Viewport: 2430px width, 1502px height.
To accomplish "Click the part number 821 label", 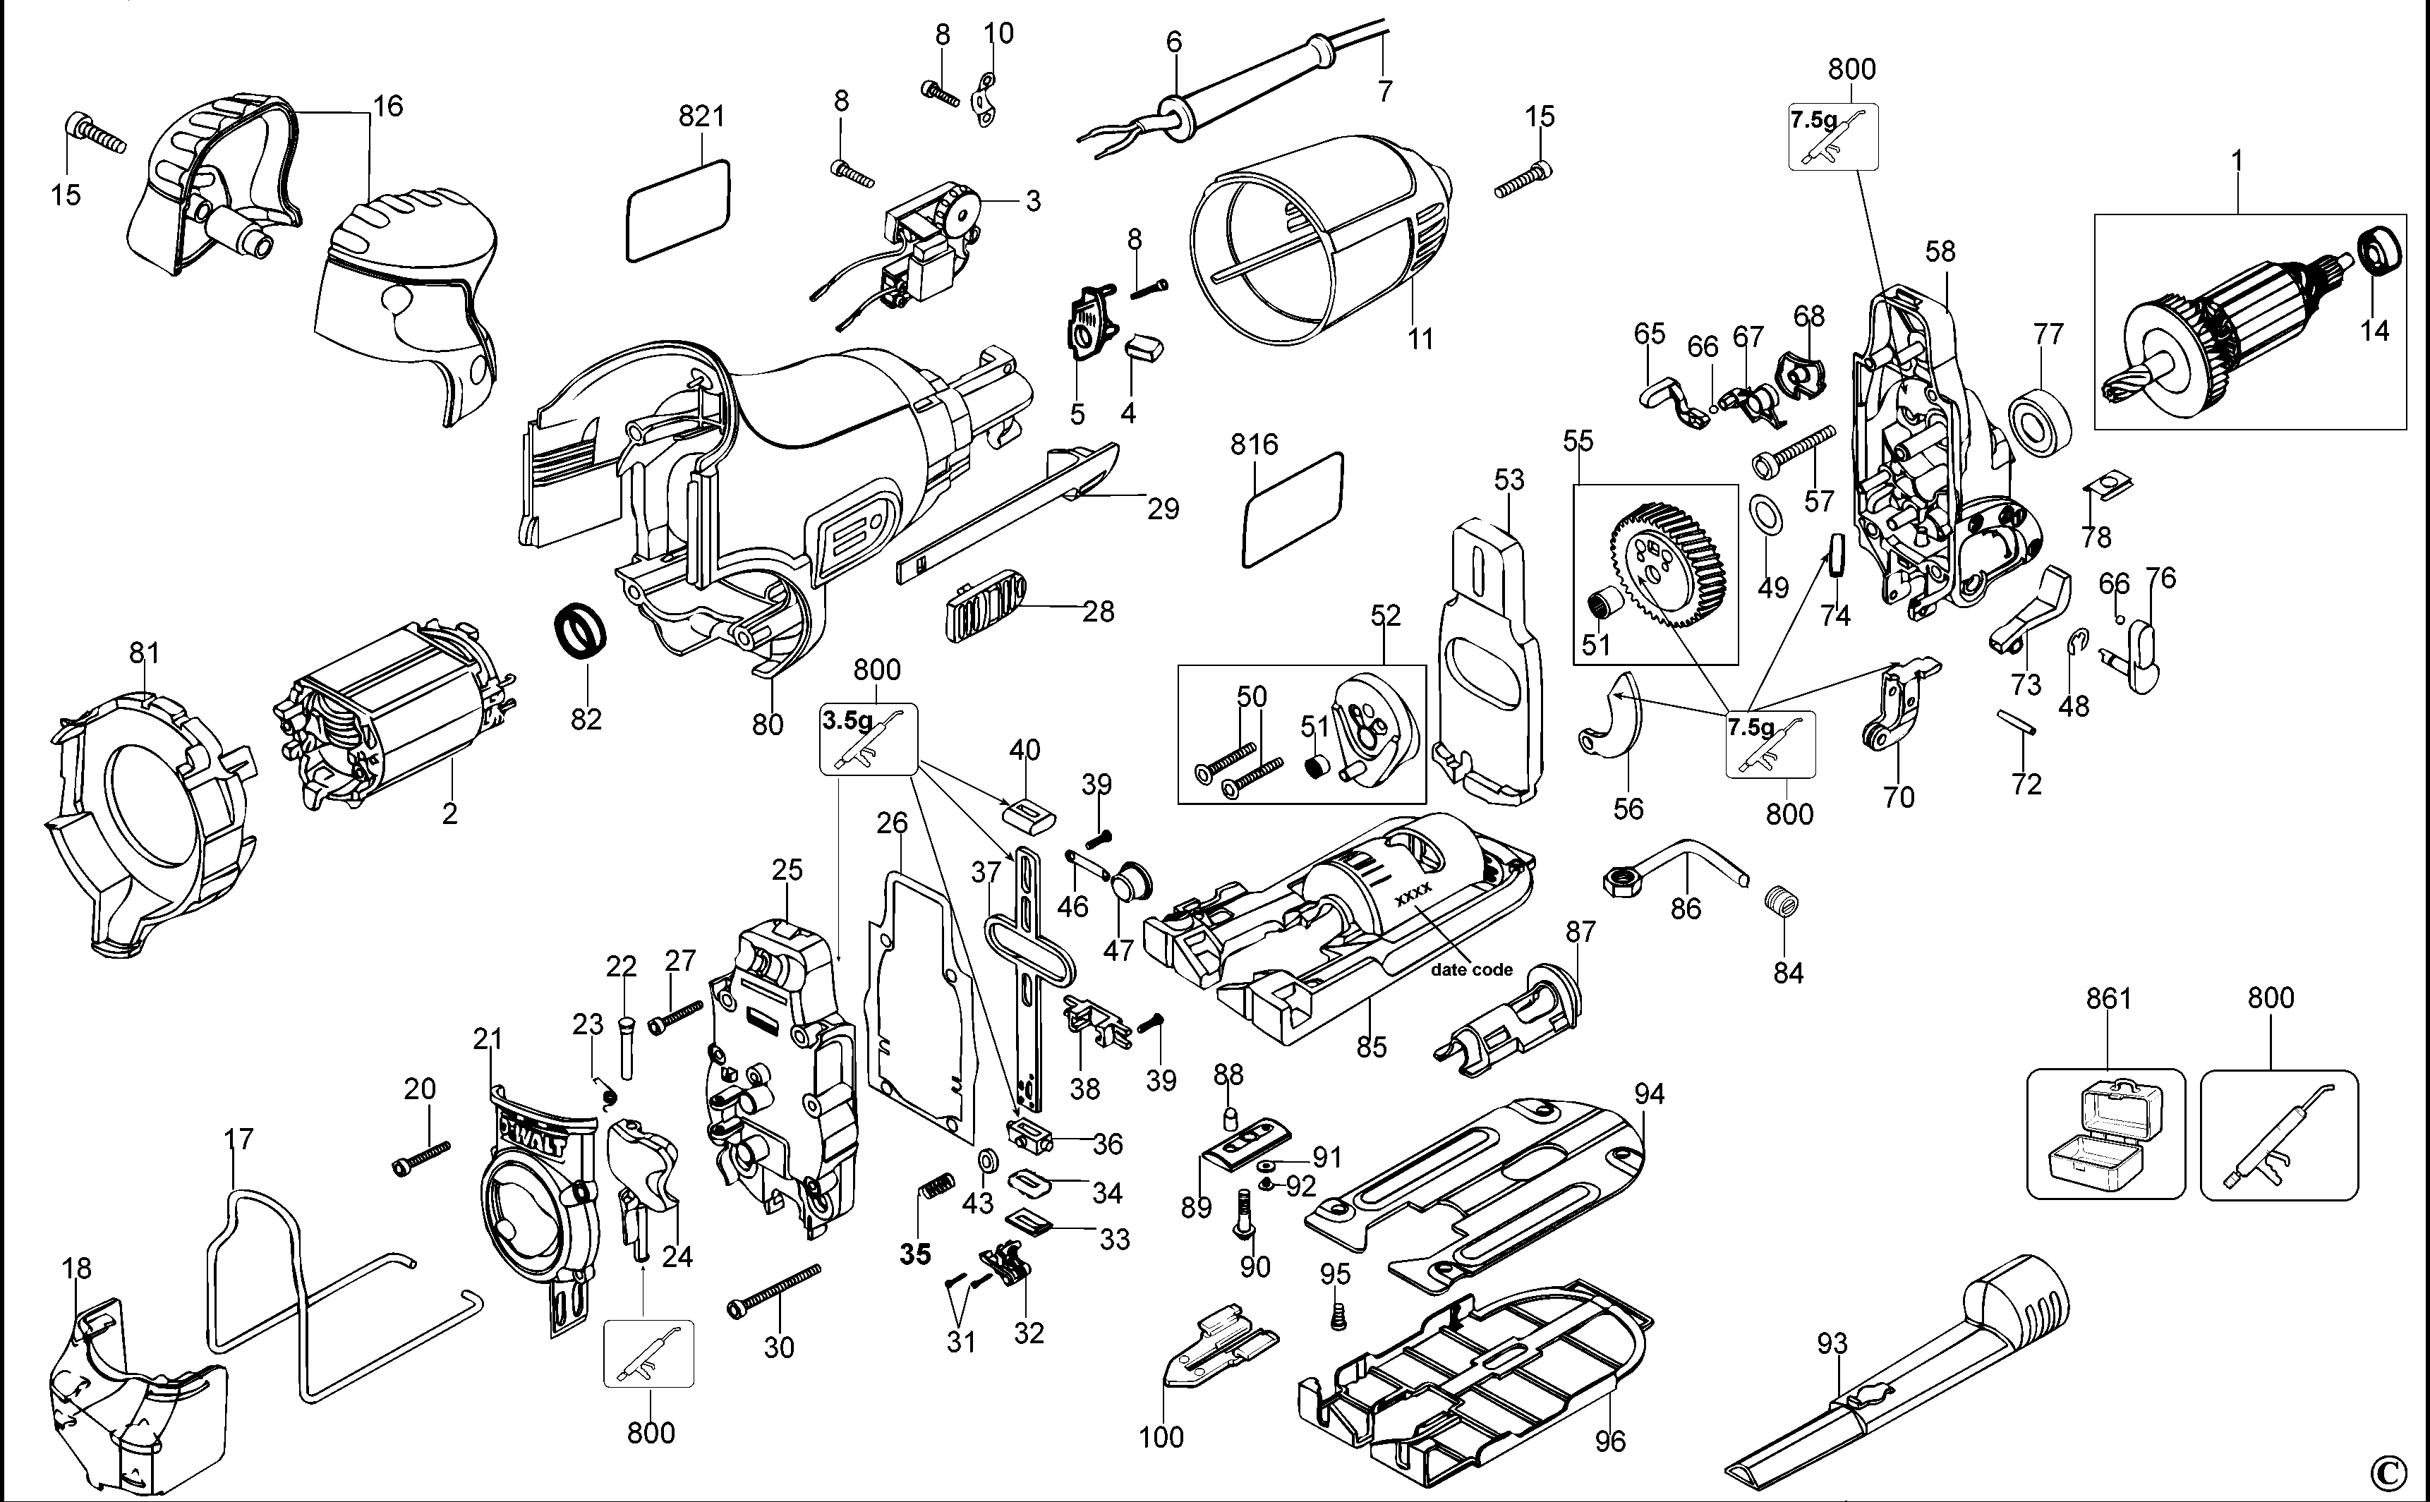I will coord(701,116).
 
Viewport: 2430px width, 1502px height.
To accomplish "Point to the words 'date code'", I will coord(1471,969).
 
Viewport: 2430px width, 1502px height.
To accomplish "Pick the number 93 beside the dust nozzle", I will coord(1832,1344).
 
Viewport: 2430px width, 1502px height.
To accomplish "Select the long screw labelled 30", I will coord(775,1290).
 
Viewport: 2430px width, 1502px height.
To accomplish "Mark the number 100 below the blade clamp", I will coord(1161,1436).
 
